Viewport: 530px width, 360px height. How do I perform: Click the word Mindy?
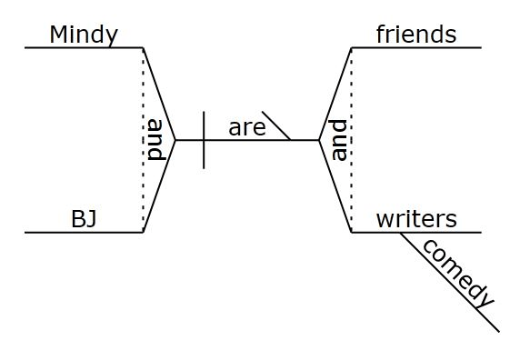[84, 35]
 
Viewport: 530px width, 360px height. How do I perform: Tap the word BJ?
[84, 219]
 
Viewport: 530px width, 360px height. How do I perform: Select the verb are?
[247, 128]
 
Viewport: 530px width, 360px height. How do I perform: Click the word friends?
[416, 35]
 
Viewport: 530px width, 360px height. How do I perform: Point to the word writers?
[416, 219]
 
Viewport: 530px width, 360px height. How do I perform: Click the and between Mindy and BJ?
[156, 140]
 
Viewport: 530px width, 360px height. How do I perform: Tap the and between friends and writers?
[339, 140]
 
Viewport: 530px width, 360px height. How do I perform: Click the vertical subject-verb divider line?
[204, 140]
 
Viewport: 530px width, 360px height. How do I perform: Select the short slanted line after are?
[275, 125]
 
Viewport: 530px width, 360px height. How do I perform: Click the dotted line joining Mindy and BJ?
[143, 140]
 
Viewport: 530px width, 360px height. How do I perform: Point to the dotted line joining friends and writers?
[351, 140]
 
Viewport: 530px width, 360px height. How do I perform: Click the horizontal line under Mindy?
[84, 47]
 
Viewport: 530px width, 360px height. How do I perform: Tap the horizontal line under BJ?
[84, 232]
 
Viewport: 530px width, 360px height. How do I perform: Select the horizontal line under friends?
[416, 47]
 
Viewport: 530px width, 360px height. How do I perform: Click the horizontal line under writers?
[416, 232]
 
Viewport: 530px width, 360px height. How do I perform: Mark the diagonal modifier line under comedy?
[450, 282]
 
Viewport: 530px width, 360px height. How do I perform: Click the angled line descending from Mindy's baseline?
[159, 94]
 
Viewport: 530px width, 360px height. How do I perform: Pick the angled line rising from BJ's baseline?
[159, 186]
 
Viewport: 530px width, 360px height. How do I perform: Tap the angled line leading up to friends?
[335, 94]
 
